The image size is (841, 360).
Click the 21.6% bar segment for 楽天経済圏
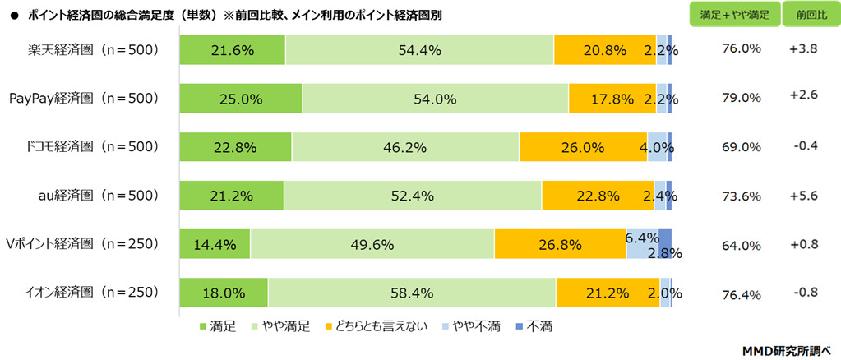click(232, 50)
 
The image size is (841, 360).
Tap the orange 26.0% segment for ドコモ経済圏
click(583, 147)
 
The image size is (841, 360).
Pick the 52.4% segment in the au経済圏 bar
click(412, 196)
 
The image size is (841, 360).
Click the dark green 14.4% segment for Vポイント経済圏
click(215, 244)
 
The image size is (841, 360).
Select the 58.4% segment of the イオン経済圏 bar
click(411, 293)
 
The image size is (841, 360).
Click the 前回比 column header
click(802, 16)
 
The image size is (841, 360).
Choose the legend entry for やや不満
click(472, 327)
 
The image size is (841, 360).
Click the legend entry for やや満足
click(284, 327)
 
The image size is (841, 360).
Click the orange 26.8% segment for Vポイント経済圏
click(560, 244)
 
